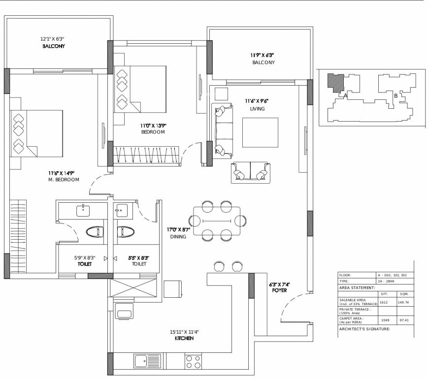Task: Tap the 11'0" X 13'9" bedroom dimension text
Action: tap(153, 126)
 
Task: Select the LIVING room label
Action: tap(257, 109)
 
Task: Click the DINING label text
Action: tap(178, 237)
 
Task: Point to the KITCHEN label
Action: tap(184, 339)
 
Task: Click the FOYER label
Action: tap(279, 290)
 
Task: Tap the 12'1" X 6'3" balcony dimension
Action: tap(53, 38)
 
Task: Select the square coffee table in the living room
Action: tap(260, 132)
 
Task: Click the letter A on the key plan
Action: tap(346, 94)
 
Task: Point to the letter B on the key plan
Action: tap(396, 95)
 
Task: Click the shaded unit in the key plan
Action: tap(336, 82)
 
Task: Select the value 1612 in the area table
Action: tap(384, 303)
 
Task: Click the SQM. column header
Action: tap(403, 294)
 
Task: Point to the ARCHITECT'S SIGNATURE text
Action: tap(364, 329)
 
